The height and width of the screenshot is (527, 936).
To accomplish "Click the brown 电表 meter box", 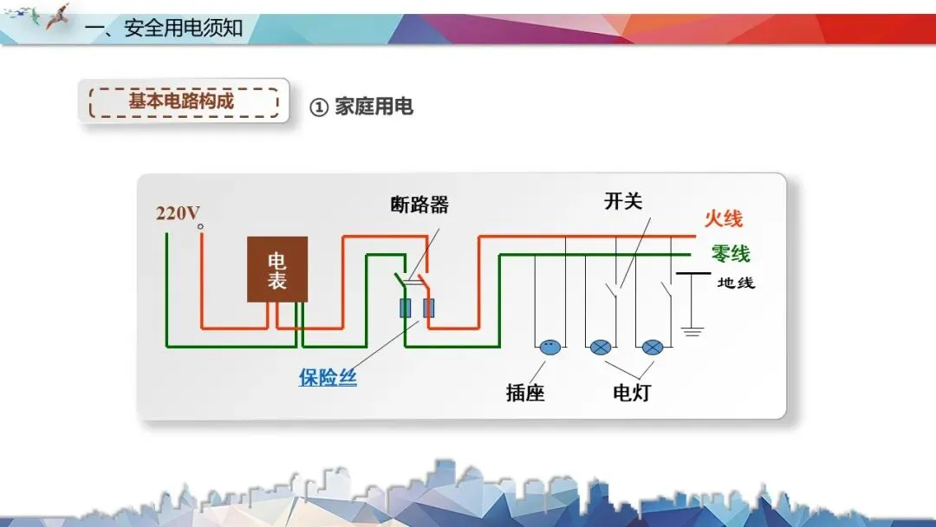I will point(277,270).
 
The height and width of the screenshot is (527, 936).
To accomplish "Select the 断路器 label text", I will point(419,205).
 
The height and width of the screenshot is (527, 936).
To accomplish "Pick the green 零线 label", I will point(730,254).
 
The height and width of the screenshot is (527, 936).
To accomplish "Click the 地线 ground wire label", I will point(736,283).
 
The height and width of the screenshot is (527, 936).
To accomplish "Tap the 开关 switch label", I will point(623,201).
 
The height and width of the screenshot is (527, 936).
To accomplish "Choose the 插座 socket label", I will point(525,393).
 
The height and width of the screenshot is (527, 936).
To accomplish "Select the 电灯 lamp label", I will point(631,393).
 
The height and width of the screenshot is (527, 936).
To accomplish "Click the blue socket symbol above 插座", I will point(549,347).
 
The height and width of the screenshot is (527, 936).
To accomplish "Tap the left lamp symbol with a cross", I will point(601,347).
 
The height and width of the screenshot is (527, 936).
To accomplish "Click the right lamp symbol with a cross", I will point(653,347).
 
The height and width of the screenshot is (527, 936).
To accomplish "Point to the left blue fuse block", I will point(405,308).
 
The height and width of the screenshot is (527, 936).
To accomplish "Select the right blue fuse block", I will point(428,308).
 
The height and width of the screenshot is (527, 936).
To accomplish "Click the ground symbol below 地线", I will point(691,330).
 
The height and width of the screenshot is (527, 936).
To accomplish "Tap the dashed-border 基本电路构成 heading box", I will point(183,101).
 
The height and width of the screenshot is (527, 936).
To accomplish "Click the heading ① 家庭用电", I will point(361,107).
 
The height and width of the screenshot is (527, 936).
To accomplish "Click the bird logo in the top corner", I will point(56,16).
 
